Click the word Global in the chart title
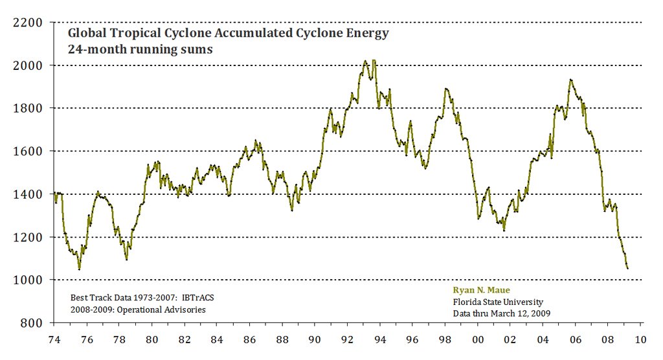coord(87,33)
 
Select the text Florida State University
coord(498,302)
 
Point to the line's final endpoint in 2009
coord(627,267)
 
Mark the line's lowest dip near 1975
coord(79,269)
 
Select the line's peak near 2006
coord(570,80)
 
